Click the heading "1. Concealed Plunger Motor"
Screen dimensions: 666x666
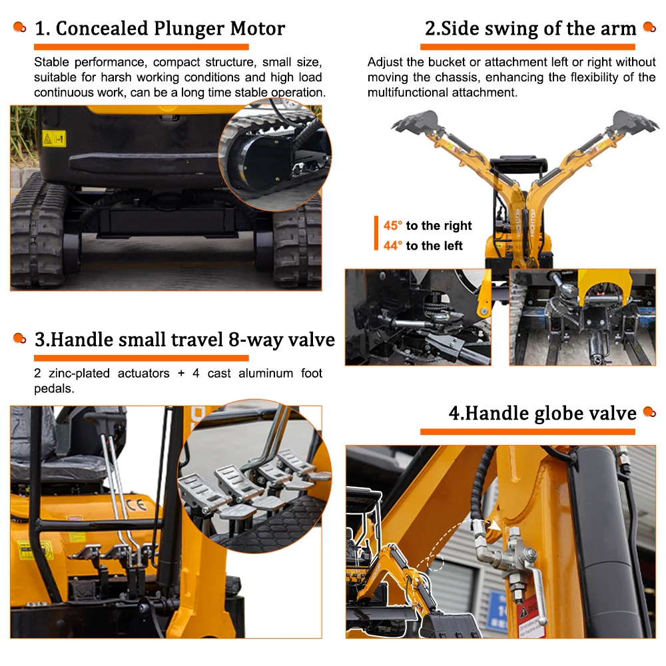click(160, 29)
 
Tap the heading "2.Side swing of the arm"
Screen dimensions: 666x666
click(531, 29)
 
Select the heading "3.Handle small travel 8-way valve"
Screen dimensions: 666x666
click(184, 340)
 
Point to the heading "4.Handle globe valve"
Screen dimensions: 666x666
click(542, 413)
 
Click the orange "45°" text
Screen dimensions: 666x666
click(392, 225)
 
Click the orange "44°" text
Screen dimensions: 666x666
click(392, 246)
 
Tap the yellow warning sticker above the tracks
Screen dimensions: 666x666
click(54, 139)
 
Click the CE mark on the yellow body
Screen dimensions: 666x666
click(137, 505)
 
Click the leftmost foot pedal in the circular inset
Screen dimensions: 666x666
click(200, 493)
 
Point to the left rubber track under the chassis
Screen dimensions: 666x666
click(37, 229)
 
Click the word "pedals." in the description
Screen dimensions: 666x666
click(54, 389)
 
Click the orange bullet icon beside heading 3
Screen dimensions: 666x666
click(19, 338)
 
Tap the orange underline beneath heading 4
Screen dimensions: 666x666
click(527, 432)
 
